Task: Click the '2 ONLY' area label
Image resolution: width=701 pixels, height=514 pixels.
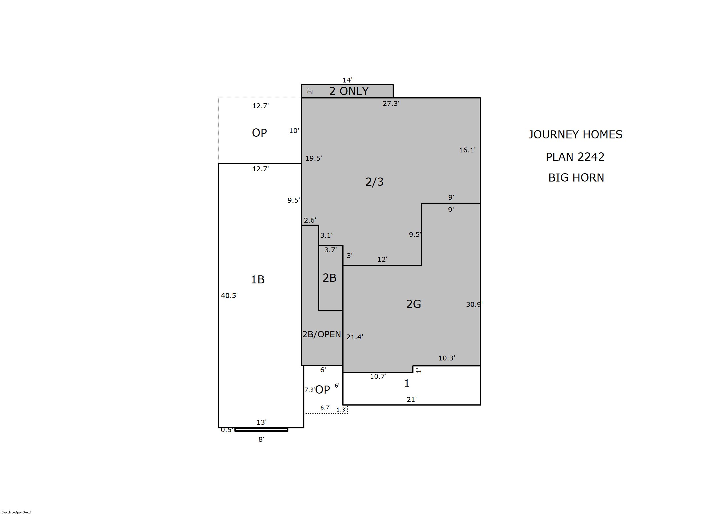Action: click(x=349, y=91)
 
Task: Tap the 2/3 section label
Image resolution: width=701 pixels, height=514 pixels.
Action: click(x=374, y=182)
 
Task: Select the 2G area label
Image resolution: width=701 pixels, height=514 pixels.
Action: click(x=413, y=304)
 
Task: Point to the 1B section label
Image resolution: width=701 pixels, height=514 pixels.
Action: click(x=258, y=279)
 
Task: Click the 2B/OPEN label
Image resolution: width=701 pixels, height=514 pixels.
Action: click(x=322, y=334)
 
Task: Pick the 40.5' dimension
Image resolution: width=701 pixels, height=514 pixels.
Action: click(x=229, y=295)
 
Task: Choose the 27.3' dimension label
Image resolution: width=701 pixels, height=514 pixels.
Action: click(x=391, y=103)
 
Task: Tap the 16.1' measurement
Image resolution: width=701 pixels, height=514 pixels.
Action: click(x=467, y=150)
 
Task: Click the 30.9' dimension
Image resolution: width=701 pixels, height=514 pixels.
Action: click(x=474, y=304)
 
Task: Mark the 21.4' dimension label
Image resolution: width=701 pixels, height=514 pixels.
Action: click(x=355, y=337)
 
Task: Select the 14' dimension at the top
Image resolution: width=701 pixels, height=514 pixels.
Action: click(x=348, y=80)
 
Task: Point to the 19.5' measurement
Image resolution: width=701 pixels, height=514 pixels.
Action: click(x=314, y=158)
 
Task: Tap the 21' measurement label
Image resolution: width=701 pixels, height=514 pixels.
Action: click(x=411, y=399)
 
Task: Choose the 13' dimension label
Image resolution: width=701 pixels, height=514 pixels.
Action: click(x=261, y=422)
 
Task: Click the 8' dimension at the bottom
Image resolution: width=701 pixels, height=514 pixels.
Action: click(x=261, y=439)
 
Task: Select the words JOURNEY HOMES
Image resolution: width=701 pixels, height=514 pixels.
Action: click(x=575, y=134)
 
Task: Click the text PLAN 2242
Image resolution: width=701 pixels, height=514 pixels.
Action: click(x=575, y=156)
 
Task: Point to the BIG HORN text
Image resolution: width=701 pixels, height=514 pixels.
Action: click(x=576, y=177)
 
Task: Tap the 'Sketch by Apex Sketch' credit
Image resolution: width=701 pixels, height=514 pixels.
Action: click(x=17, y=512)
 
